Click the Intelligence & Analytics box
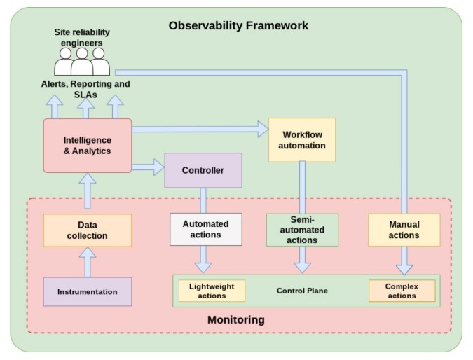click(88, 146)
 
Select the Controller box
click(203, 170)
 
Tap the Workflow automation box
click(302, 140)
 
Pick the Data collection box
click(88, 230)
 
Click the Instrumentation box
click(88, 291)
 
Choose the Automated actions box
click(206, 230)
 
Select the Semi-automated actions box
click(302, 230)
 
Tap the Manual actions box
click(404, 230)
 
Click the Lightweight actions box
click(212, 291)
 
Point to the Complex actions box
click(402, 291)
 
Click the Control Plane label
click(302, 291)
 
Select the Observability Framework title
click(238, 25)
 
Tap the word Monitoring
click(236, 319)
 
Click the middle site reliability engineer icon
click(82, 62)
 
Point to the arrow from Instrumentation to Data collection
click(88, 262)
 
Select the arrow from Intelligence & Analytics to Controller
click(148, 167)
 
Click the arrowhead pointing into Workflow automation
click(263, 129)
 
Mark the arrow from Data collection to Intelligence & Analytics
click(88, 191)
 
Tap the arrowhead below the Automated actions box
click(203, 268)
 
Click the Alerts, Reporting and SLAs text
click(85, 89)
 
